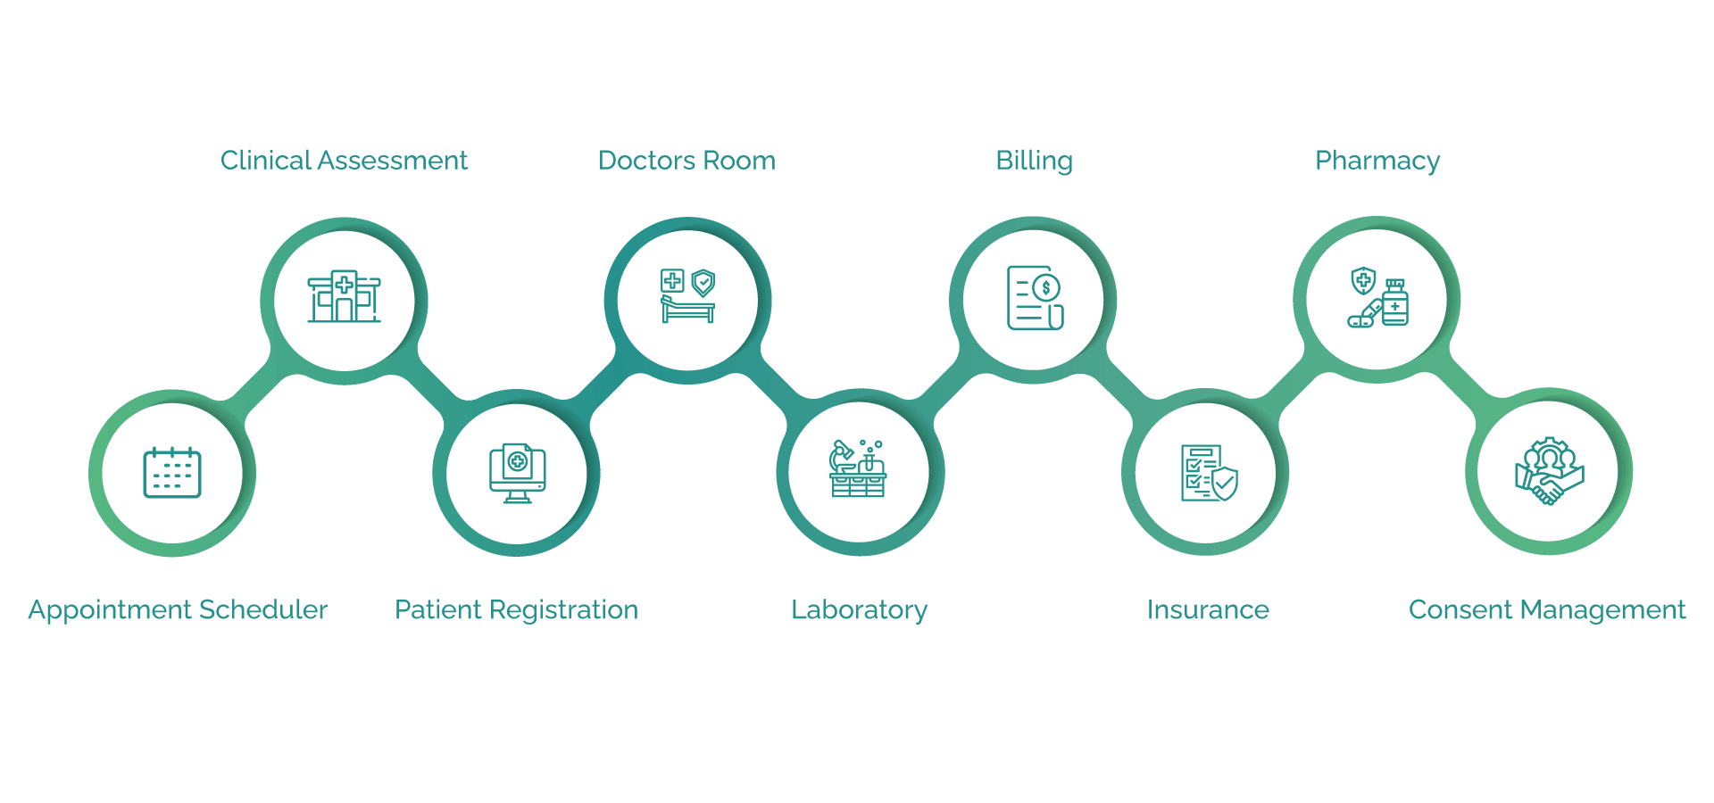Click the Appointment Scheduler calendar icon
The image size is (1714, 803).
(172, 472)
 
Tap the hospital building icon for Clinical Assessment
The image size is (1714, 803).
(345, 296)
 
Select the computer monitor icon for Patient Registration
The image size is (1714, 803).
(517, 473)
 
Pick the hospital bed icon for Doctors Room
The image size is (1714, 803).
(687, 296)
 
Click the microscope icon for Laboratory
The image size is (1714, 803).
(858, 469)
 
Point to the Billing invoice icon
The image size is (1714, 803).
(1035, 298)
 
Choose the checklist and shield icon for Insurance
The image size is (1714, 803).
(1209, 473)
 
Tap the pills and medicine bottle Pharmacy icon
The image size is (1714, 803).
(1377, 297)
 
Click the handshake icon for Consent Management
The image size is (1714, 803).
(1550, 471)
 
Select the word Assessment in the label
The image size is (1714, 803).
(393, 161)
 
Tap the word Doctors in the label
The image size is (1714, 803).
(647, 161)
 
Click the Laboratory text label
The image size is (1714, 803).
(859, 610)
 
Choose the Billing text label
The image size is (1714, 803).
(1034, 161)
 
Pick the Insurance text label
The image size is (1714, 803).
(1208, 610)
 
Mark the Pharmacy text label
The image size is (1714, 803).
(1377, 161)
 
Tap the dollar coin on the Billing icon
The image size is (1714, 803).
(1046, 288)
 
